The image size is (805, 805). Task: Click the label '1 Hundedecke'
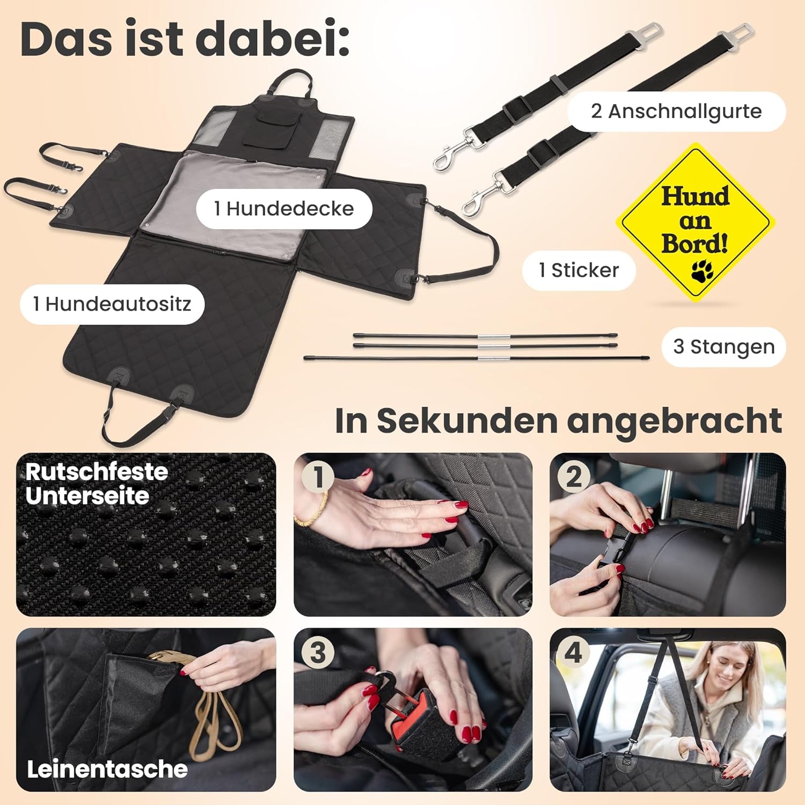(x=284, y=209)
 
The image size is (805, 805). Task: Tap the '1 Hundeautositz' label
(x=112, y=304)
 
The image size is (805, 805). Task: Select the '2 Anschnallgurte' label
(x=676, y=112)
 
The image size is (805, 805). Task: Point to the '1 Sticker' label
(x=579, y=270)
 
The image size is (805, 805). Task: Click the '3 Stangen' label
(x=723, y=347)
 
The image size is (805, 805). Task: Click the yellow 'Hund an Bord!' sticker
(x=695, y=221)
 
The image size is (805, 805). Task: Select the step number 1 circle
(x=318, y=477)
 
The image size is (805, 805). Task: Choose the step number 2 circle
(x=573, y=477)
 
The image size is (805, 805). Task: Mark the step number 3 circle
(x=318, y=653)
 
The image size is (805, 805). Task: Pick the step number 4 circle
(x=573, y=653)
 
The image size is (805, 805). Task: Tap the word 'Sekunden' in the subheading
(x=467, y=421)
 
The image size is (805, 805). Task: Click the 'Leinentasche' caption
(x=107, y=769)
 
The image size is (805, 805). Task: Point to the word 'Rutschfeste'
(x=97, y=472)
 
